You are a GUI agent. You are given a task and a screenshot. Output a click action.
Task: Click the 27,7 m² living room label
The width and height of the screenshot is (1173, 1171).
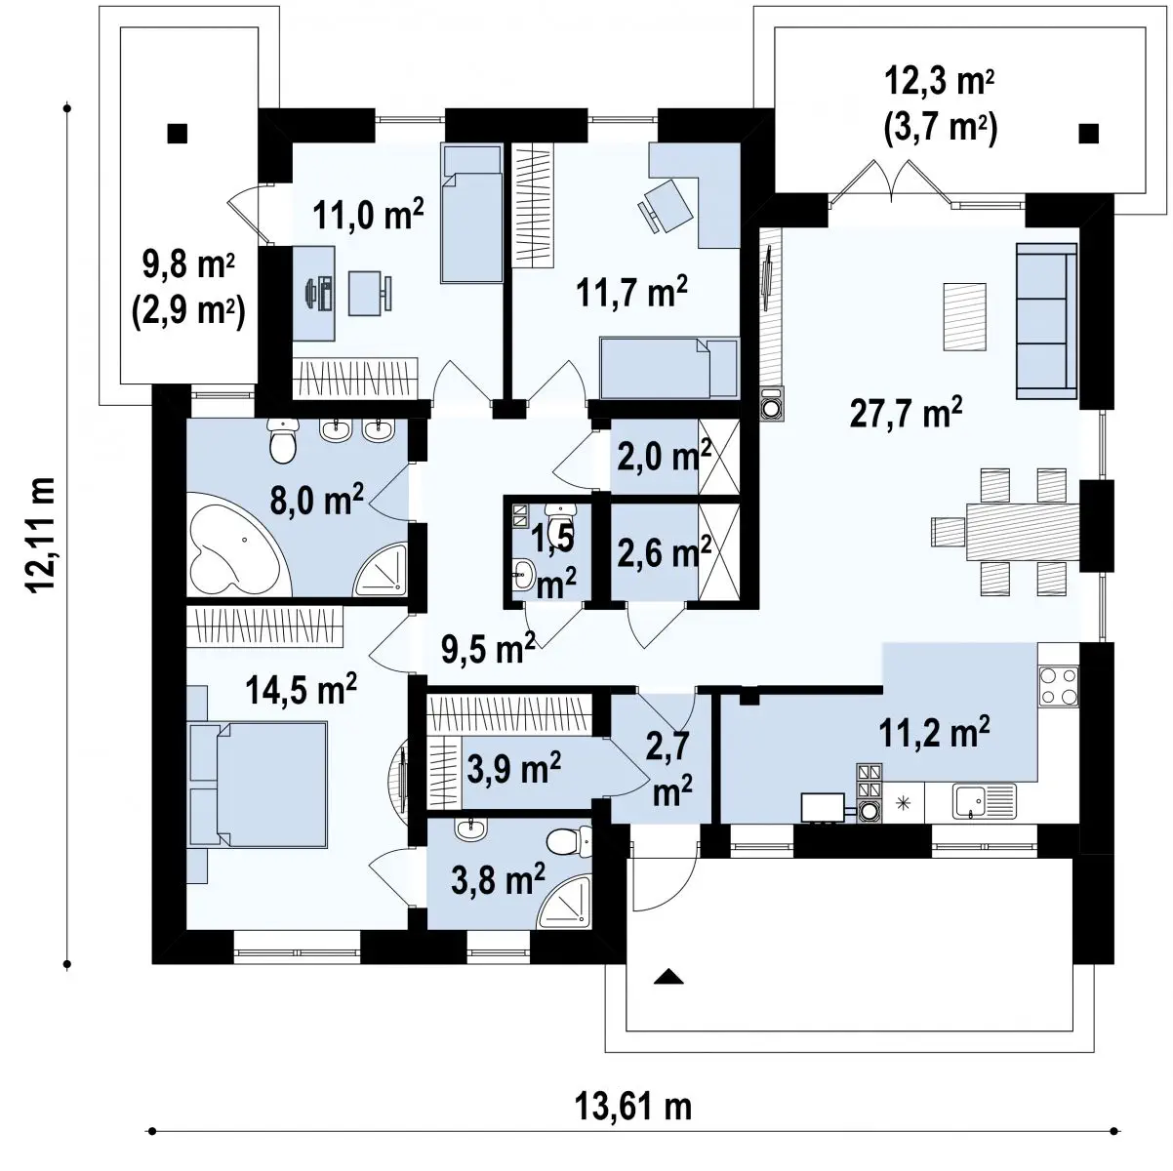tap(906, 413)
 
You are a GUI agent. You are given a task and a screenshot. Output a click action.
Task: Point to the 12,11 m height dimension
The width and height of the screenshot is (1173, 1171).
tap(40, 534)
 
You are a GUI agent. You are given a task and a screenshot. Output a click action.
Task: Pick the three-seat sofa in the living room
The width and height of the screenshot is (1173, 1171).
tap(1046, 320)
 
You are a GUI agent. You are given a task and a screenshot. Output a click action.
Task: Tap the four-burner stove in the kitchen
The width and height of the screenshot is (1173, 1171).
tap(1058, 686)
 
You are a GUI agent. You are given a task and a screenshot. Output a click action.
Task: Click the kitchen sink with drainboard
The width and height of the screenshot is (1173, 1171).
tap(985, 800)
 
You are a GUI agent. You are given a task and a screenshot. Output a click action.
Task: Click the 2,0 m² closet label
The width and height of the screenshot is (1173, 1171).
tap(664, 456)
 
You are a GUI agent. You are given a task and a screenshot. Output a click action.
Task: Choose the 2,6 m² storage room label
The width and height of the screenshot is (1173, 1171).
tap(664, 550)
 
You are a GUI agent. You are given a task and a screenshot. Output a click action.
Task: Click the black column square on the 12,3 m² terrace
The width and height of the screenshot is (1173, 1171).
tap(1088, 134)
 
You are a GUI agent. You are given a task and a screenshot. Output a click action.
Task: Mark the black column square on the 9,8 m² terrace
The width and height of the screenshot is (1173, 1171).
tap(178, 134)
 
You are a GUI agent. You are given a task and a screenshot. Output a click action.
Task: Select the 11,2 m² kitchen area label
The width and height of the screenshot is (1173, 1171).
tap(934, 731)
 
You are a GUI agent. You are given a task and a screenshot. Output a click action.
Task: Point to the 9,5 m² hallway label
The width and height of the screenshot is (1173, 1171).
tap(488, 649)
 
